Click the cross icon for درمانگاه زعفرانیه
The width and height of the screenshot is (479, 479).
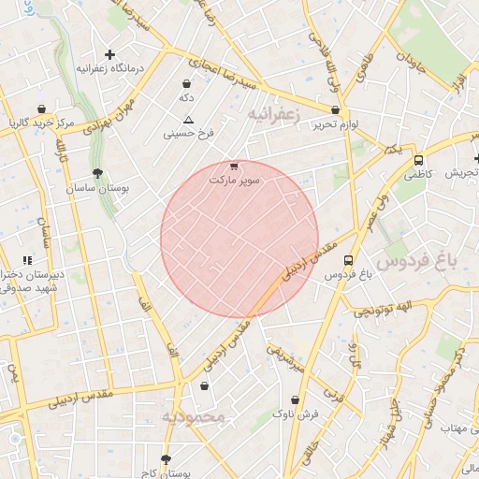click(110, 54)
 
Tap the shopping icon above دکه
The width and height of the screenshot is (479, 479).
click(187, 83)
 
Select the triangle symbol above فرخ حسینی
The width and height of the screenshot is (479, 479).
click(189, 120)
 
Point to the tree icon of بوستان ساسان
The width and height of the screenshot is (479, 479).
click(97, 172)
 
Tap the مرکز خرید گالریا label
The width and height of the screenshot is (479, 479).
click(37, 123)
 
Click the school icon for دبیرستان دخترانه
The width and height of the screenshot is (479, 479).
click(26, 259)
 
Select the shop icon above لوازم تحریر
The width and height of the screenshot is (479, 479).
click(336, 110)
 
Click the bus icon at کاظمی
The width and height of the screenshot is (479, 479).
click(418, 160)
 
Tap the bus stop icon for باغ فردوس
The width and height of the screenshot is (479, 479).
click(349, 261)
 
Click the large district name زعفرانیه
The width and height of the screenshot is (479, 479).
click(272, 113)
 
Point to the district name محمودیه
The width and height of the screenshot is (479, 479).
click(193, 416)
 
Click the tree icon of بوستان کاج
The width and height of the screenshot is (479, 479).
click(167, 459)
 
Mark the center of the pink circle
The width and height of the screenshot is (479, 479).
click(239, 239)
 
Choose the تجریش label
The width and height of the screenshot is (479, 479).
click(461, 173)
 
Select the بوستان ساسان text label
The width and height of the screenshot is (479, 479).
click(96, 188)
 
